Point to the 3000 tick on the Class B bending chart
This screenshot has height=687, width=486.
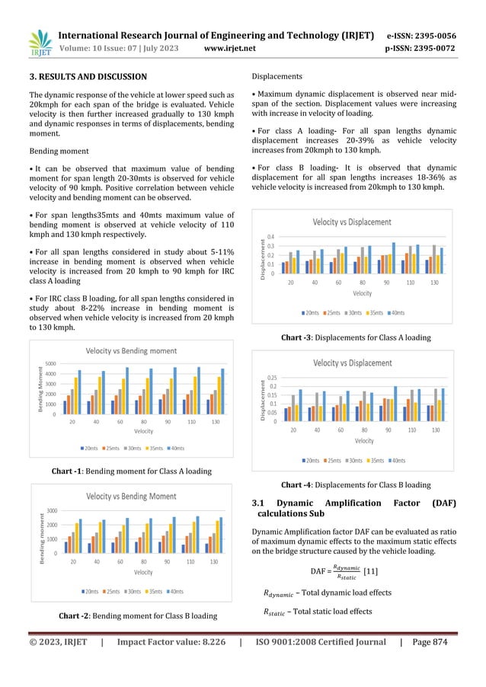click(x=52, y=510)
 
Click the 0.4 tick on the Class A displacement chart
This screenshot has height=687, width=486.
click(x=272, y=238)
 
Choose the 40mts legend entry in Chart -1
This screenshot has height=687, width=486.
click(x=176, y=448)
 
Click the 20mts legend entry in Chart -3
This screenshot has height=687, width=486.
click(x=309, y=312)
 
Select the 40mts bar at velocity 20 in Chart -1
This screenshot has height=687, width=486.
click(x=79, y=391)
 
